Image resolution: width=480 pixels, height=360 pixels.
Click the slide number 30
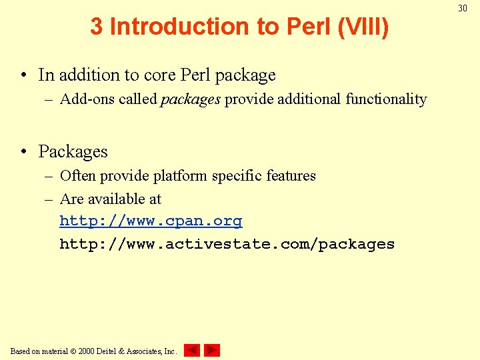tap(463, 8)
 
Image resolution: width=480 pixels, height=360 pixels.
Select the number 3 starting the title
tap(97, 27)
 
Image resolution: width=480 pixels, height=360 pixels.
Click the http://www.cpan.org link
tap(151, 221)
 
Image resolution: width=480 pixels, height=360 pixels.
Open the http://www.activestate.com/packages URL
tap(227, 244)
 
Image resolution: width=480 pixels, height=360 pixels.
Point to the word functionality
tap(386, 99)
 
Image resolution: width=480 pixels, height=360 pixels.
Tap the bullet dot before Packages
tap(24, 152)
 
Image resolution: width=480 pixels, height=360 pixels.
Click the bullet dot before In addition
tap(24, 75)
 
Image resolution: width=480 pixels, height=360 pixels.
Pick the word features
tap(291, 176)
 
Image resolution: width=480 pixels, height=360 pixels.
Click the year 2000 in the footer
tap(87, 351)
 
